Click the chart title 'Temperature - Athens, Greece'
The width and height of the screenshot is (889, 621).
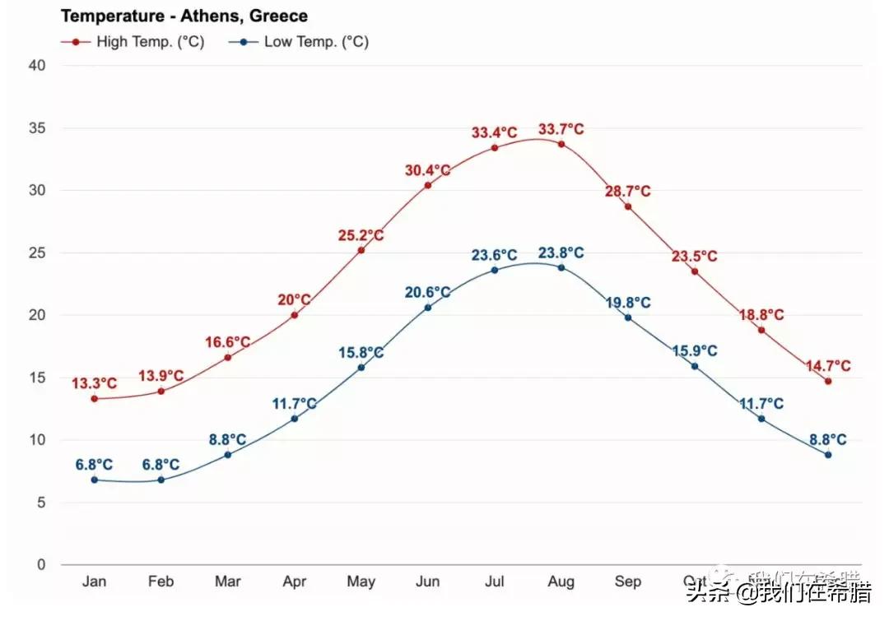(184, 16)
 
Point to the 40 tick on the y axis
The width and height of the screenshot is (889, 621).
(36, 66)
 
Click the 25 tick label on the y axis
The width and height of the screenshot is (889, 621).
(36, 253)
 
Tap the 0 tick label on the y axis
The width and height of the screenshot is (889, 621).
(40, 565)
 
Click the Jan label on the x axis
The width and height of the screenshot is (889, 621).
(95, 582)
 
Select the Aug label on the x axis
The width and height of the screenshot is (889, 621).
(561, 582)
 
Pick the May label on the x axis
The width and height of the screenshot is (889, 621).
(361, 582)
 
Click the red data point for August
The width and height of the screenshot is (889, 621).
(561, 144)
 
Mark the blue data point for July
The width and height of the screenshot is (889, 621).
(495, 270)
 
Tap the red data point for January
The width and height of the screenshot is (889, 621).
(95, 399)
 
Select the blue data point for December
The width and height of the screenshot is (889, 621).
(828, 455)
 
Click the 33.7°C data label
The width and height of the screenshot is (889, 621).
(561, 129)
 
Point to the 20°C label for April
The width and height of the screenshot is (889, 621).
(294, 300)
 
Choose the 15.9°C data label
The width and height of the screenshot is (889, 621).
(694, 351)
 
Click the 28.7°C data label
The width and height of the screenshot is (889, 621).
(627, 192)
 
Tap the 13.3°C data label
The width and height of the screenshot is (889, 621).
(94, 383)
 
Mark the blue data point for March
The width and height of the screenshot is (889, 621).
(228, 455)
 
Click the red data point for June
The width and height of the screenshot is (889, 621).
(428, 185)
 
